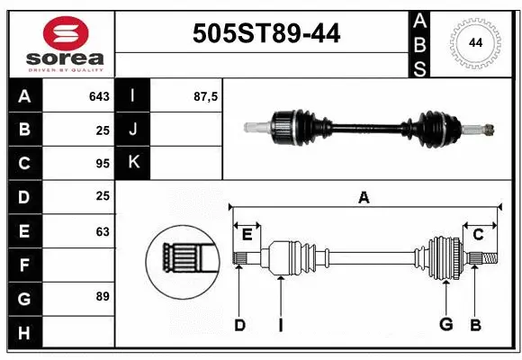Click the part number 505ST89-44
[267, 33]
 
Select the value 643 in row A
[99, 96]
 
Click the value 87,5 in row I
[206, 96]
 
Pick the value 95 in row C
[102, 164]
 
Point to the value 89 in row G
[102, 296]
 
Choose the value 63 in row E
[102, 231]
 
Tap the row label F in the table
[24, 265]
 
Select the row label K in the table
[133, 163]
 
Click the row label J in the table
[133, 130]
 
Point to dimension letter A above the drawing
[364, 198]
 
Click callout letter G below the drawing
[445, 324]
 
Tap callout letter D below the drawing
[239, 324]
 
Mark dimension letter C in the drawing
[478, 234]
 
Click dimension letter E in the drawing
[247, 234]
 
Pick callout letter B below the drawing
[476, 324]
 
